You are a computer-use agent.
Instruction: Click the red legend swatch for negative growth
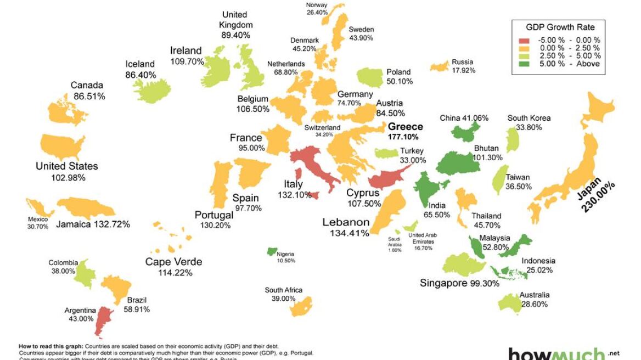(x=524, y=40)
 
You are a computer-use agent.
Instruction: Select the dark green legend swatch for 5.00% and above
(x=524, y=64)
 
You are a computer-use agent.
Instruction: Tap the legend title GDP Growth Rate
(x=560, y=27)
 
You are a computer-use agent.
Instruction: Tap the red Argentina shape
(x=102, y=320)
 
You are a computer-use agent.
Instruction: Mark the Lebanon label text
(x=346, y=222)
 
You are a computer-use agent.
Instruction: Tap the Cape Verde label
(x=173, y=262)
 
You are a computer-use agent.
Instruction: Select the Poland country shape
(x=370, y=77)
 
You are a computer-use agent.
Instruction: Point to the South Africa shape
(x=301, y=306)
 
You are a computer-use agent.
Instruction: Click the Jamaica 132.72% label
(x=93, y=224)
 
